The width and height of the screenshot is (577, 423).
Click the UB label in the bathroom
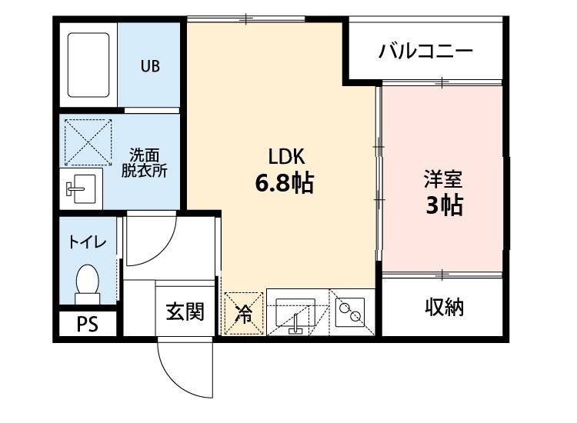click(x=150, y=66)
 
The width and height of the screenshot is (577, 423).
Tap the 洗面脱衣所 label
click(x=144, y=162)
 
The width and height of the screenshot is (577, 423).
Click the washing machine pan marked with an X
click(x=87, y=142)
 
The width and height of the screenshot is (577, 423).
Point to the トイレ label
click(x=87, y=241)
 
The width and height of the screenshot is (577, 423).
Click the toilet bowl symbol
click(x=88, y=282)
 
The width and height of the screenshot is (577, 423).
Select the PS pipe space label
click(x=88, y=325)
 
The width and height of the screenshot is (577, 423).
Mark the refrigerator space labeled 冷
click(x=242, y=313)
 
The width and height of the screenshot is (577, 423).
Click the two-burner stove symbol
click(x=352, y=312)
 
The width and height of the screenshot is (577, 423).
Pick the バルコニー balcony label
click(x=425, y=52)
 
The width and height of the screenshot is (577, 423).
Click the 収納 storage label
click(x=444, y=308)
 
